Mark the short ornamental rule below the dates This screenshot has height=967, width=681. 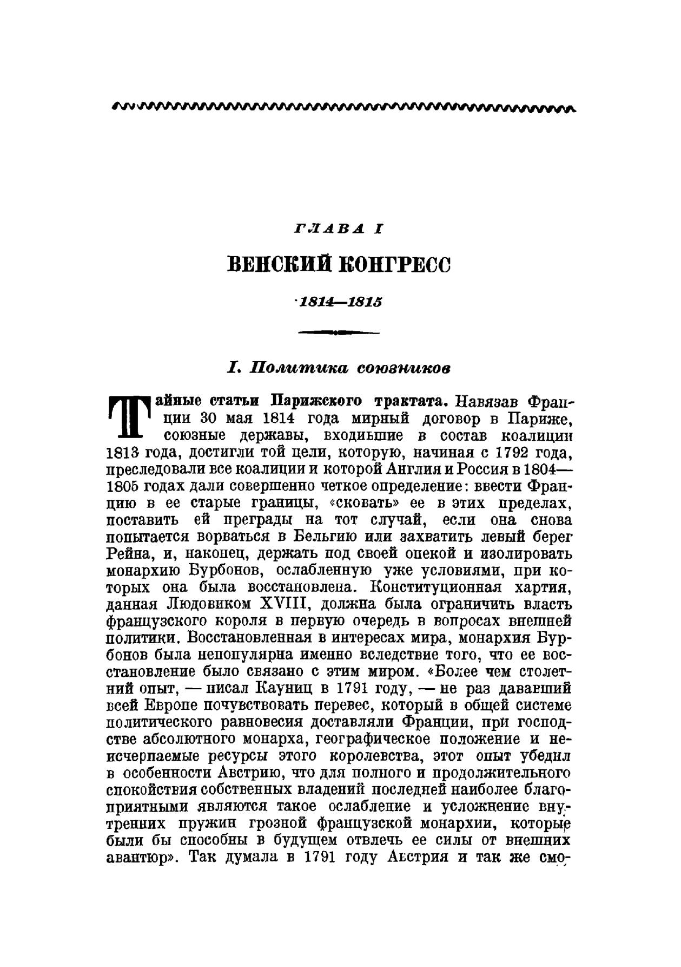pyautogui.click(x=339, y=332)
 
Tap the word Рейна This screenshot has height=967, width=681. pyautogui.click(x=127, y=554)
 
